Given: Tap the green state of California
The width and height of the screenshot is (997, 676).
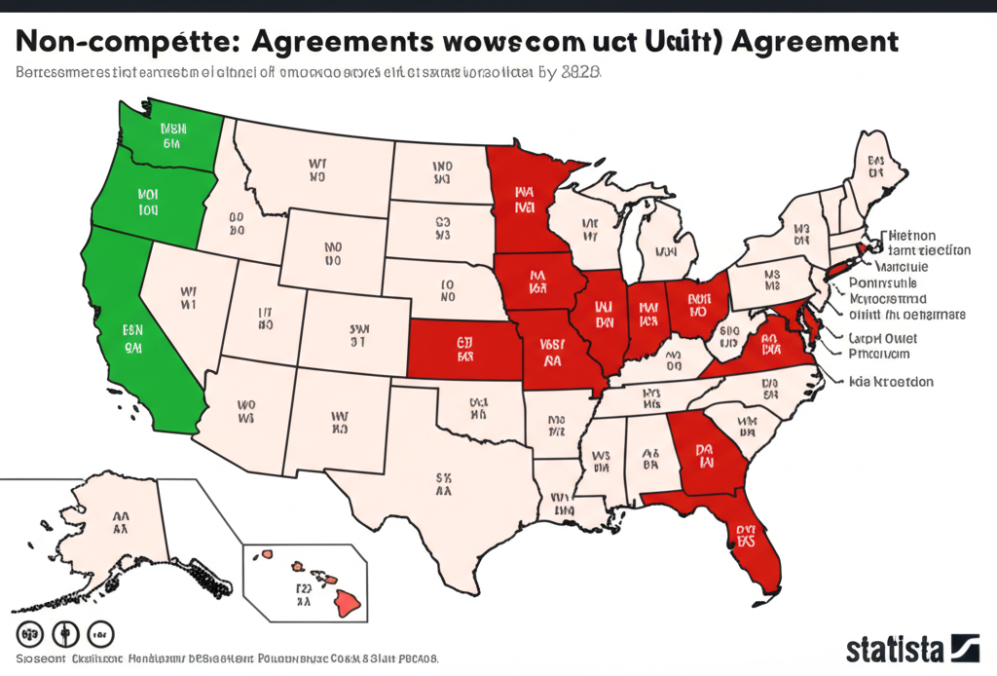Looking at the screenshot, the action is click(x=136, y=331).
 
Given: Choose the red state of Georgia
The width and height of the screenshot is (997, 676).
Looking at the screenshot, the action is click(x=706, y=458).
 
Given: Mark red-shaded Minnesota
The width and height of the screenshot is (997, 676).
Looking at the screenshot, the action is click(x=526, y=200).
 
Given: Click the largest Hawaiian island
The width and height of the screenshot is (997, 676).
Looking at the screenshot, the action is click(x=349, y=604).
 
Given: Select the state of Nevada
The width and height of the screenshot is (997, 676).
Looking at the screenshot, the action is click(x=185, y=297).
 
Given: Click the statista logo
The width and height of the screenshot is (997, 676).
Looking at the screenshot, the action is click(x=911, y=648).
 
